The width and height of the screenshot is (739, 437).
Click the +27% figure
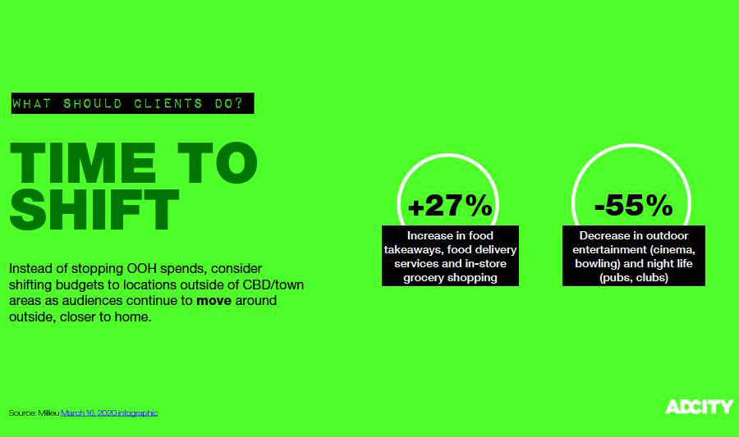point(450,206)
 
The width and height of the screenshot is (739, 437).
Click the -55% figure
point(633,206)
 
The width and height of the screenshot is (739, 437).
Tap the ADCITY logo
point(700,407)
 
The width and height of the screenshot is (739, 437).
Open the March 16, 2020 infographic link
point(109,413)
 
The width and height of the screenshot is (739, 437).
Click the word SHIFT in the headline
point(94,209)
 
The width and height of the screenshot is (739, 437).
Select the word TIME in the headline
point(83,162)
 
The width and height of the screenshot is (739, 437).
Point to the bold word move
point(214,301)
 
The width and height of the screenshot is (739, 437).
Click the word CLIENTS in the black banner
point(168,103)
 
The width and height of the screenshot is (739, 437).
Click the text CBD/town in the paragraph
point(273,285)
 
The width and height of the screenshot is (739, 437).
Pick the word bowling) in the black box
point(598,263)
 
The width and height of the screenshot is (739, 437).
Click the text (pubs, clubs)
point(634,278)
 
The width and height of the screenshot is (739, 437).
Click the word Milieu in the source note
point(49,413)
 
